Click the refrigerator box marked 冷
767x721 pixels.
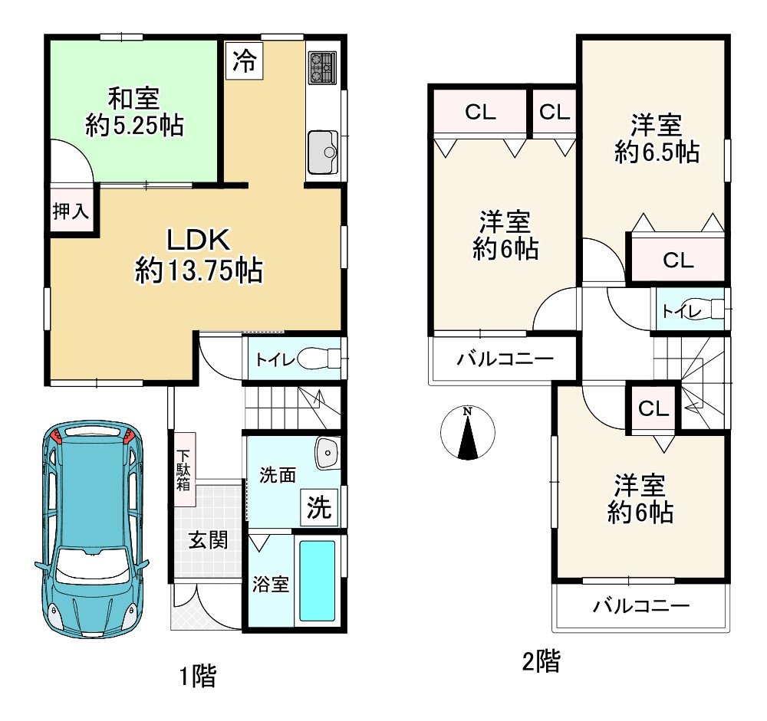(244, 61)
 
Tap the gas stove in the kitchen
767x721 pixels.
(322, 67)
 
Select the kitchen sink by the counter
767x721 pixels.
(323, 152)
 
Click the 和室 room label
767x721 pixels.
(133, 98)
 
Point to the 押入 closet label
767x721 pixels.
(71, 211)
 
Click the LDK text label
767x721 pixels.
(198, 240)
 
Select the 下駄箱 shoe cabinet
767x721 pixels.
(185, 469)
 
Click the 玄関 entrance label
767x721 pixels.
(208, 540)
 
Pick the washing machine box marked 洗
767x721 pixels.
(319, 507)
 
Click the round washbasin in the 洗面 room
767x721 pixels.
(328, 453)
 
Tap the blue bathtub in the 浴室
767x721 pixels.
(317, 581)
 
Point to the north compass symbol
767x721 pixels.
(468, 433)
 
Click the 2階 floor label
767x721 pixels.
(541, 662)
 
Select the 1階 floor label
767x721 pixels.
(197, 677)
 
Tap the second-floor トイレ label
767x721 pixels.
(681, 311)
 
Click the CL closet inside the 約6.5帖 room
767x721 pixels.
(678, 260)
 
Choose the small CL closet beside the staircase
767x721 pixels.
(653, 408)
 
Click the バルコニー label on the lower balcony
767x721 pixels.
(640, 606)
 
